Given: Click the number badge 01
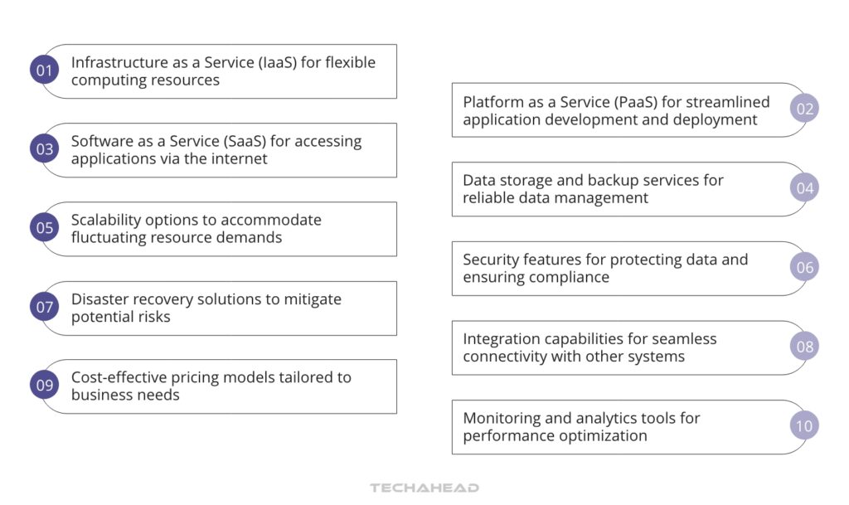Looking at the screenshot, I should tap(44, 70).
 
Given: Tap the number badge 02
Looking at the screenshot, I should tap(804, 109).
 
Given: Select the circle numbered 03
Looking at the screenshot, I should tap(44, 149).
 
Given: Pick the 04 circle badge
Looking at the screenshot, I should tap(804, 188).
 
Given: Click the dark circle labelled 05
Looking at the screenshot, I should tap(44, 228).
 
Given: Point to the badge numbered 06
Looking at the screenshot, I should tap(804, 268).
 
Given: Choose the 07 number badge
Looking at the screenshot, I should tap(44, 308).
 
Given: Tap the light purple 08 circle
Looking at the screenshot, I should tap(804, 347).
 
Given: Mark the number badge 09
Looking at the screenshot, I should tap(44, 386).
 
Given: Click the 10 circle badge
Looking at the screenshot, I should tap(804, 426).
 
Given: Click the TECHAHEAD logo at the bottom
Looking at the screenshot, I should tap(424, 488).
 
